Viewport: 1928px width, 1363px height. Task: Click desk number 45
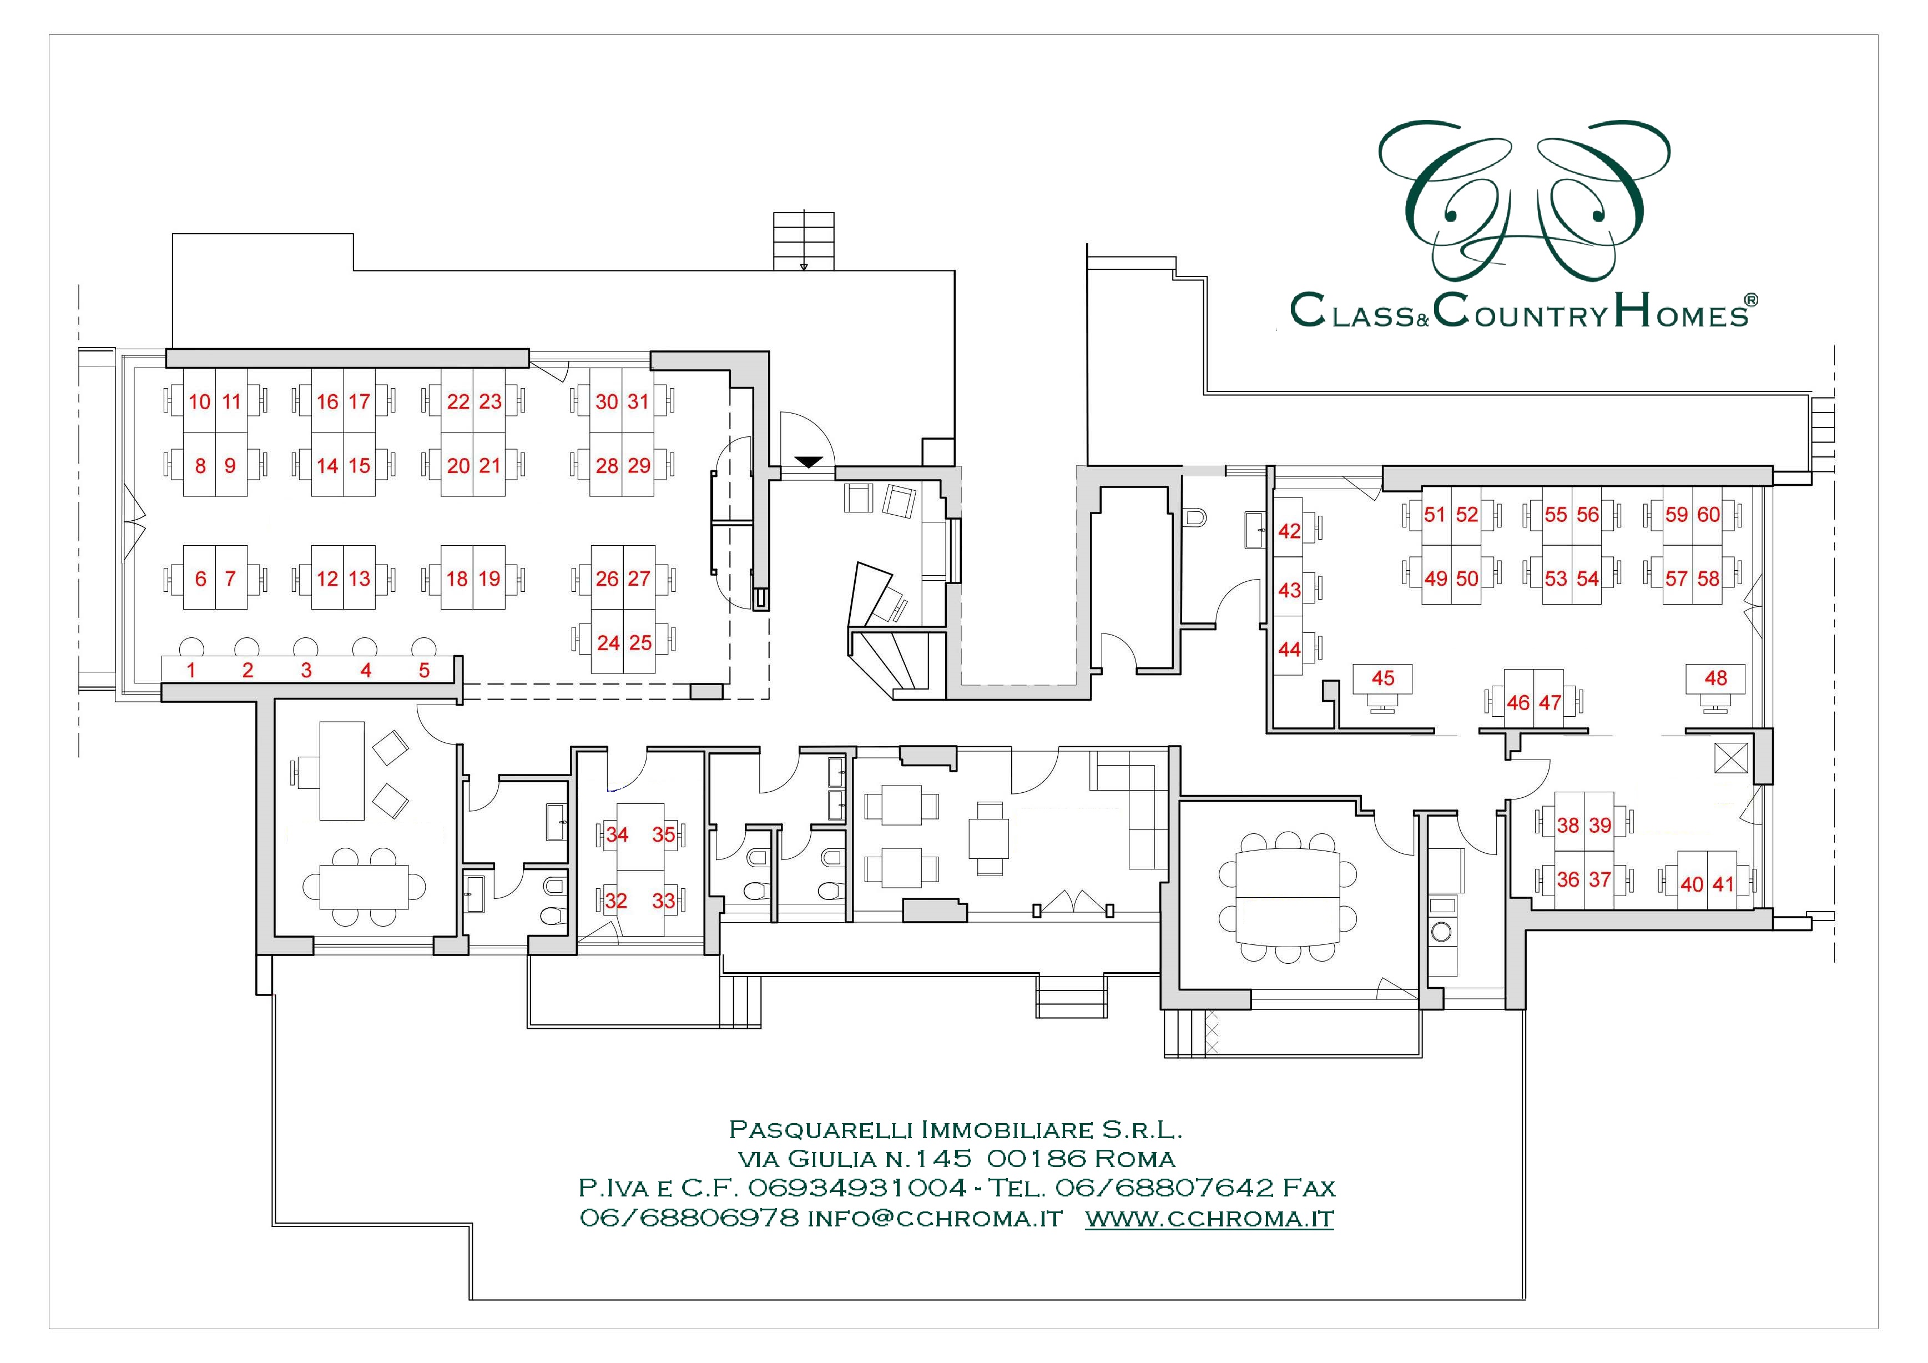pyautogui.click(x=1382, y=678)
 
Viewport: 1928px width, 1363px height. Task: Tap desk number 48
pyautogui.click(x=1715, y=678)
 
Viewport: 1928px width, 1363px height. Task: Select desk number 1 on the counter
pyautogui.click(x=191, y=670)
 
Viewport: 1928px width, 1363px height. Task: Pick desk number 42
pyautogui.click(x=1289, y=531)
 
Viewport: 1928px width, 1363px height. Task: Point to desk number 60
pyautogui.click(x=1709, y=514)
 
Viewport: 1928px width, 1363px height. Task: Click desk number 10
pyautogui.click(x=200, y=401)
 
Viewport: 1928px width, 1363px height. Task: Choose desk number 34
pyautogui.click(x=617, y=834)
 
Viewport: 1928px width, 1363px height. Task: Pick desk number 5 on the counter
pyautogui.click(x=424, y=670)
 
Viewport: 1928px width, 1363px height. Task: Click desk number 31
pyautogui.click(x=638, y=401)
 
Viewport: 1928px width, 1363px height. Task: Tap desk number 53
pyautogui.click(x=1556, y=579)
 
